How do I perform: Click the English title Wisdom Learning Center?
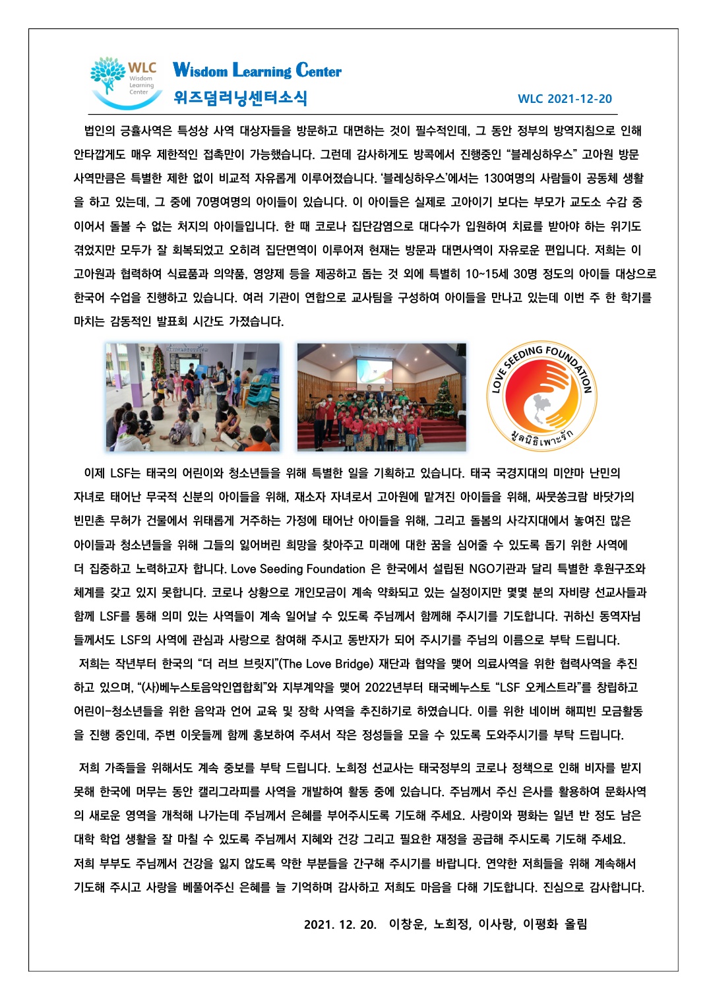click(x=257, y=70)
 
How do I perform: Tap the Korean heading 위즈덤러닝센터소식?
click(x=240, y=98)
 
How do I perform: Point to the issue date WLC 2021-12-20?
click(x=565, y=99)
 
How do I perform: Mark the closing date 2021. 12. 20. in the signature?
click(x=340, y=924)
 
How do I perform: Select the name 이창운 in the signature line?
click(x=407, y=924)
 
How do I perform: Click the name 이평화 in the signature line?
click(x=540, y=924)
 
